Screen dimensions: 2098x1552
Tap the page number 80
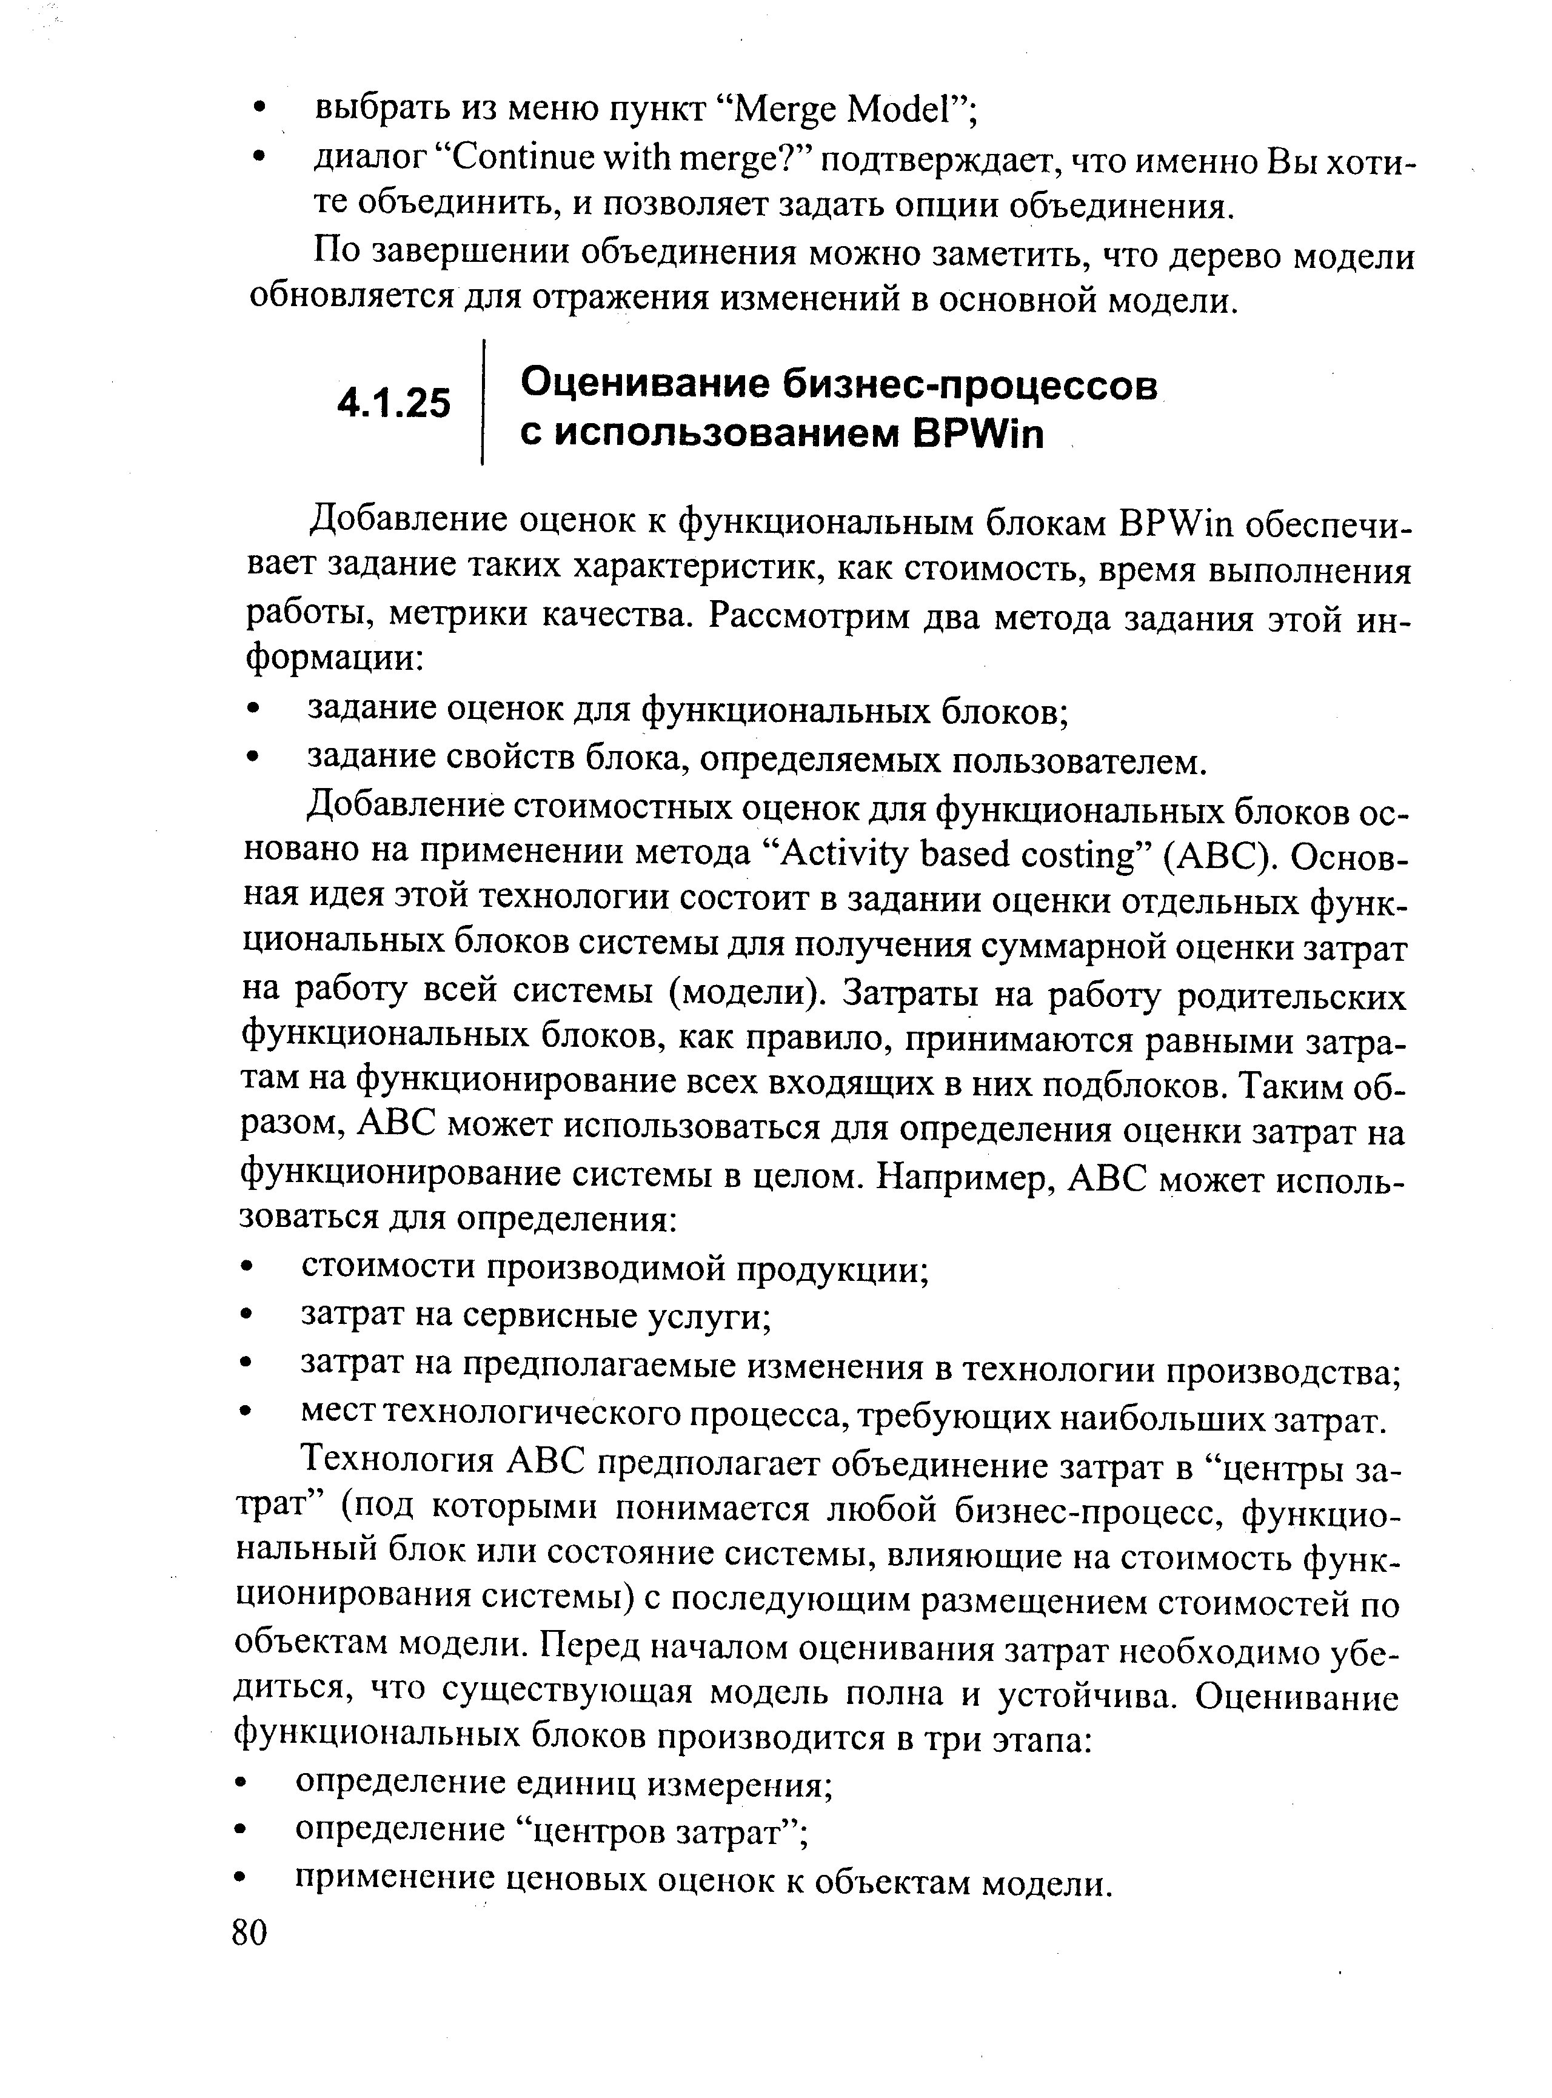pos(249,1933)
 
